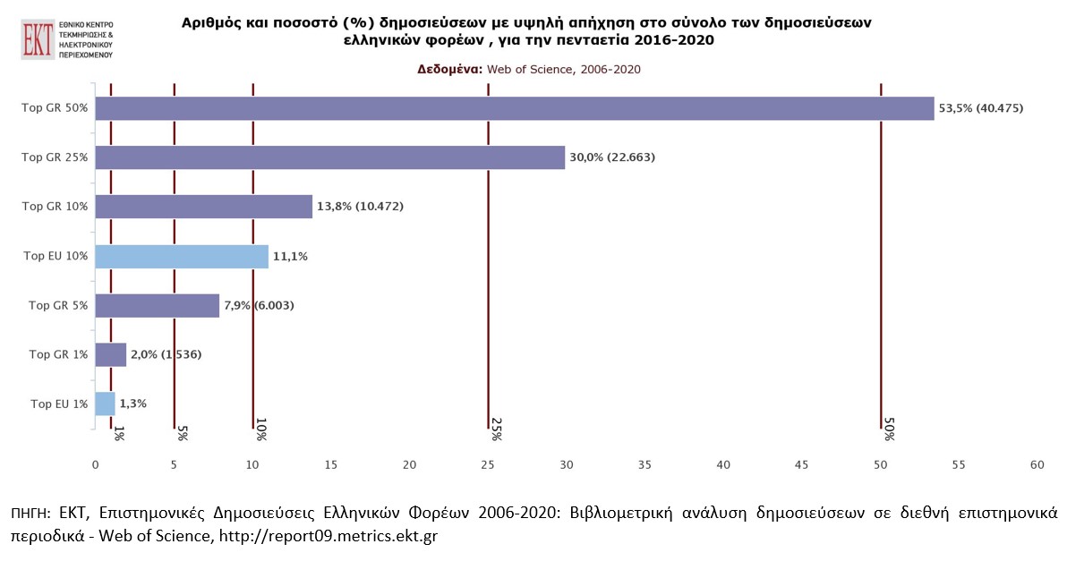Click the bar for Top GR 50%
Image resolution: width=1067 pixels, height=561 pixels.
(514, 108)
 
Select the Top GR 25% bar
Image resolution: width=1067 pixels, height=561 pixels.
(329, 157)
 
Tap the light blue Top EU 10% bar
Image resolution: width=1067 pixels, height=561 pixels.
(181, 256)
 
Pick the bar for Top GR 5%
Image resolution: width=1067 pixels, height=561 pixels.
(157, 305)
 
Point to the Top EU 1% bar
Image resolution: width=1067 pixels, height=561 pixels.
(105, 404)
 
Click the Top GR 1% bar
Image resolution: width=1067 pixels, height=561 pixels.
(110, 354)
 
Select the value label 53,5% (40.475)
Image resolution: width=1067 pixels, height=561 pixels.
(980, 108)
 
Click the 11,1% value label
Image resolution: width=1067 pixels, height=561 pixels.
(290, 256)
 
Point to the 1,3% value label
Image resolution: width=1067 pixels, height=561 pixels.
(132, 404)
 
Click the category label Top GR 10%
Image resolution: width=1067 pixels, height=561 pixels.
(55, 207)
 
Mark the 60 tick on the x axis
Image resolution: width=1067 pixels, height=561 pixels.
(1037, 464)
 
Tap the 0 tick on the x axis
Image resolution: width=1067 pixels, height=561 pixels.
(95, 464)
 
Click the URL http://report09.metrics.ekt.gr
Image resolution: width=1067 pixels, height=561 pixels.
(331, 536)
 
